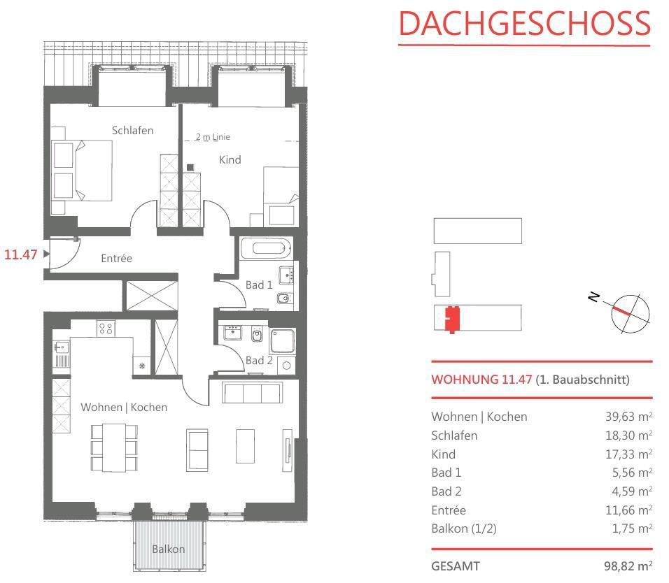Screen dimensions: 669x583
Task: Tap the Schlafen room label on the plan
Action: tap(132, 131)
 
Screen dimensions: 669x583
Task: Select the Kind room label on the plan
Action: tap(230, 160)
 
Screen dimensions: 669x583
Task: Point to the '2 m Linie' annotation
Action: tap(213, 137)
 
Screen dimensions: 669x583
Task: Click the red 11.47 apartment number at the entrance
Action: tap(20, 255)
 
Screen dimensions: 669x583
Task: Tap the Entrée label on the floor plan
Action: tap(116, 258)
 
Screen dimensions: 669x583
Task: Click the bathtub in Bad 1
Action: tap(266, 248)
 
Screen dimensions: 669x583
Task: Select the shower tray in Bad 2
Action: tap(283, 341)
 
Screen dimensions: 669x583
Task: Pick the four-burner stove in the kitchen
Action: tap(106, 329)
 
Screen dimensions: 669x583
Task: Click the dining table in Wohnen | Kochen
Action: tap(114, 447)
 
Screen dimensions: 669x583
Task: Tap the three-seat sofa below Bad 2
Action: tap(252, 392)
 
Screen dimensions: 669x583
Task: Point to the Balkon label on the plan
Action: tap(169, 549)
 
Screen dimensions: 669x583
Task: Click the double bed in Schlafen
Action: tap(82, 171)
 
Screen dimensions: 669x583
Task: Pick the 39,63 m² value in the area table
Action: tap(628, 417)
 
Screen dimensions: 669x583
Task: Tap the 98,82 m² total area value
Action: tap(628, 566)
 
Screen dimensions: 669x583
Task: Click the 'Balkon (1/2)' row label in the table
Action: tap(464, 528)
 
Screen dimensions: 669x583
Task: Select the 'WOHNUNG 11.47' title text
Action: tap(481, 380)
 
